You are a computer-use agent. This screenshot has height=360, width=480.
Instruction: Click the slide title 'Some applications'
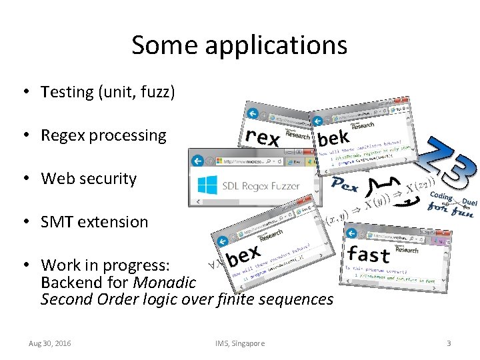point(239,45)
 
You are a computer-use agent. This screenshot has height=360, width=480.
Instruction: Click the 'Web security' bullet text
point(89,179)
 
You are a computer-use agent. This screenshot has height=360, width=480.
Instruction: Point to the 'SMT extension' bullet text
point(94,222)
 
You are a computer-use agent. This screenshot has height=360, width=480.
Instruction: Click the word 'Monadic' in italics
point(165,282)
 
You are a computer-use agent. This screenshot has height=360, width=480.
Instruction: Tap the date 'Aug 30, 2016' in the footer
point(50,343)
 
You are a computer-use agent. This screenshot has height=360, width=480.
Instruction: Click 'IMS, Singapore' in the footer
point(239,343)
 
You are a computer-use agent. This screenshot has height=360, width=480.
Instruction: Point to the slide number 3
point(449,343)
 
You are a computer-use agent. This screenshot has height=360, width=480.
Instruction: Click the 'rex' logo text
point(262,137)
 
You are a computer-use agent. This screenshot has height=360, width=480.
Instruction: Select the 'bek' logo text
point(333,139)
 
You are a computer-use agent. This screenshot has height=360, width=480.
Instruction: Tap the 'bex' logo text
point(243,256)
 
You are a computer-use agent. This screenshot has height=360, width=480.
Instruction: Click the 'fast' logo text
point(369,254)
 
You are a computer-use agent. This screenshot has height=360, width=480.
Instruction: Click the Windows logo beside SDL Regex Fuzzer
point(207,185)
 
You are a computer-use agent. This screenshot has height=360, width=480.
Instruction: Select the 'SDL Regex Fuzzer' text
point(261,185)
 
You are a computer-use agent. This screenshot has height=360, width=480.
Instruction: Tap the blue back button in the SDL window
point(197,161)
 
